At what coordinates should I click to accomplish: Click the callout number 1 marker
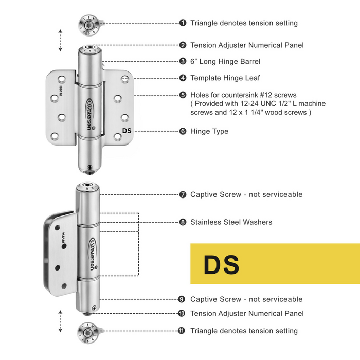[x=183, y=23]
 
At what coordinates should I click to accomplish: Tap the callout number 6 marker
[x=183, y=131]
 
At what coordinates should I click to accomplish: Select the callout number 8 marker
[x=183, y=222]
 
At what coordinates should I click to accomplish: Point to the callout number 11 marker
[x=182, y=331]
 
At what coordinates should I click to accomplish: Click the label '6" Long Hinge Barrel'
[x=225, y=61]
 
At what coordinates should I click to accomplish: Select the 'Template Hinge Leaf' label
[x=225, y=78]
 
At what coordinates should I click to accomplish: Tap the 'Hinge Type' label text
[x=209, y=131]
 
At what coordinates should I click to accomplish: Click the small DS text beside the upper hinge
[x=127, y=131]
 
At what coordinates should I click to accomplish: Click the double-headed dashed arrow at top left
[x=60, y=40]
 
